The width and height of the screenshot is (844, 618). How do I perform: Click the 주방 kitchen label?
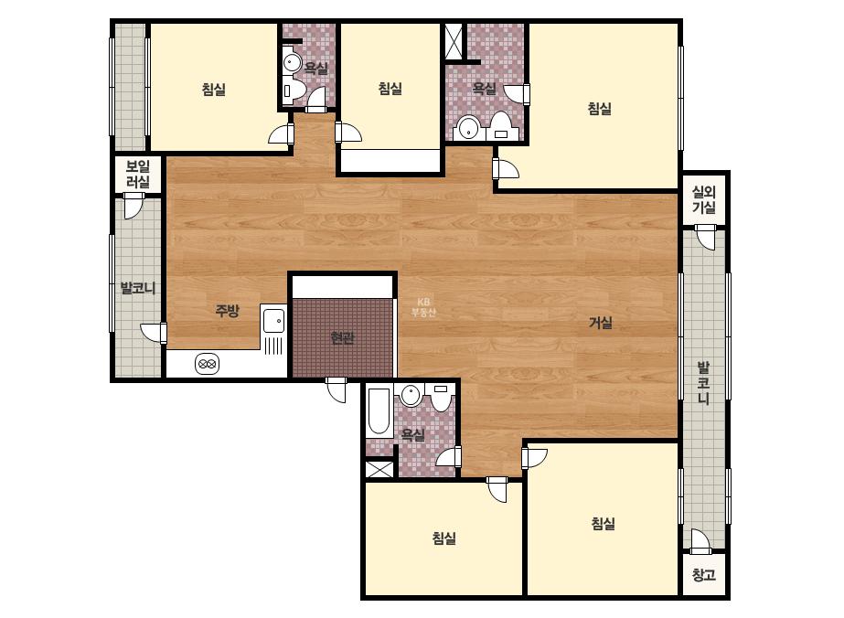point(227,311)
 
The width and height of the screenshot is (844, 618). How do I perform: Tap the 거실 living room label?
point(600,323)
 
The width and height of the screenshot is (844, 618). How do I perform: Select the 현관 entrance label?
point(342,338)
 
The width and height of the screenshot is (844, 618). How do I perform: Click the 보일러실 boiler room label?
point(138,174)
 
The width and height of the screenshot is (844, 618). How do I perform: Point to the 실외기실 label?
point(703,199)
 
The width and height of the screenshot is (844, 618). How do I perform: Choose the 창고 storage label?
point(703,574)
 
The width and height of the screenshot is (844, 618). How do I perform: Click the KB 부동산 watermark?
point(423,307)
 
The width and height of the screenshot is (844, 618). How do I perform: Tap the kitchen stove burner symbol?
point(208,365)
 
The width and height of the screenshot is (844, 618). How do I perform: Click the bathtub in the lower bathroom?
point(379,411)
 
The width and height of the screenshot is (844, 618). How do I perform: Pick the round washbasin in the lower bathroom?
point(411,396)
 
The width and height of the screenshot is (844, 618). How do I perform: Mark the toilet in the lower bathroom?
point(441,398)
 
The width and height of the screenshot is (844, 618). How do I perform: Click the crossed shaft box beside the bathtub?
point(379,469)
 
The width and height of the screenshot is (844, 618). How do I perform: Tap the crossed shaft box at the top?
point(454,41)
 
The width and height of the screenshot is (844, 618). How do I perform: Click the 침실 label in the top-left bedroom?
point(214,90)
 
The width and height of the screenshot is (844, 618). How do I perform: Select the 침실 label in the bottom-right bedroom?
point(603,523)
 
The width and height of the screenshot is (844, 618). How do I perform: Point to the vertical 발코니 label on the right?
point(703,383)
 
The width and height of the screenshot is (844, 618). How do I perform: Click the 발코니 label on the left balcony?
point(138,288)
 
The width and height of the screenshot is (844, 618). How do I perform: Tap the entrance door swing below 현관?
point(337,389)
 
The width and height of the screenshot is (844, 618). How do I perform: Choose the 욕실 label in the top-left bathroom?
point(316,69)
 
